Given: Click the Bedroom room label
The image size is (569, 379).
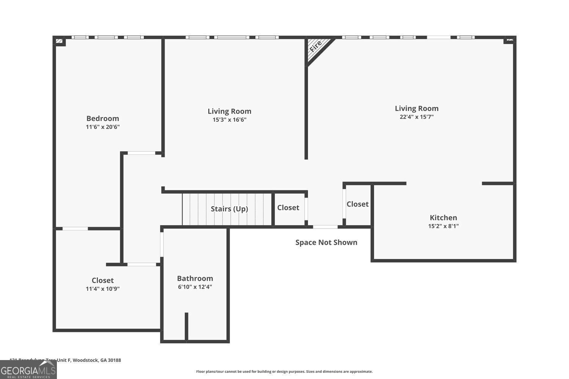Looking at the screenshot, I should pos(102,118).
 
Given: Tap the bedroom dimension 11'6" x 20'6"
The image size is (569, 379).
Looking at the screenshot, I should pos(102,127).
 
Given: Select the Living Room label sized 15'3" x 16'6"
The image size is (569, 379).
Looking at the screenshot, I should pos(229,111).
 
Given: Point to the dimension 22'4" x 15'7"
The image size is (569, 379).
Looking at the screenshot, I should pos(417,117).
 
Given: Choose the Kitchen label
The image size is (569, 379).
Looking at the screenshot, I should pos(443,218).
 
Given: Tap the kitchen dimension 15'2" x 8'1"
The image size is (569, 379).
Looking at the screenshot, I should pos(443,226).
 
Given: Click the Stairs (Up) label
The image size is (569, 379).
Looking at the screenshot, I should pos(229,209).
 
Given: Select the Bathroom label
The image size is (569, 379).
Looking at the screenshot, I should pos(195,279).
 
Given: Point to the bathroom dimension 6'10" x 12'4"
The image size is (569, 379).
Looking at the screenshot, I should pos(195,287).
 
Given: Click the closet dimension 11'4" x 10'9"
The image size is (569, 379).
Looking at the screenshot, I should pos(102,289).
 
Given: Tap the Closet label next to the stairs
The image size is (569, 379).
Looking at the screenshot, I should pos(288,208).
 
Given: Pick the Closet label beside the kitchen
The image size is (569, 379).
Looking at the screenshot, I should pos(357,204).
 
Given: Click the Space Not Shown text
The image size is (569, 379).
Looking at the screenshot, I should pos(326,243).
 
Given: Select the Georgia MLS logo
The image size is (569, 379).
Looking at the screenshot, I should pos(28,370).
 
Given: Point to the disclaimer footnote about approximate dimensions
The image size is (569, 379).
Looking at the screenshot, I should pos(284,371).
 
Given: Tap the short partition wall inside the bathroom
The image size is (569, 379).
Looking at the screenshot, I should pos(186,326).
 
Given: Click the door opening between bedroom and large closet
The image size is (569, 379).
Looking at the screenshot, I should pos(75,229).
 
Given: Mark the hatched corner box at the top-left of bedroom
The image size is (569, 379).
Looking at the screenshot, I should pos(59,41).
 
